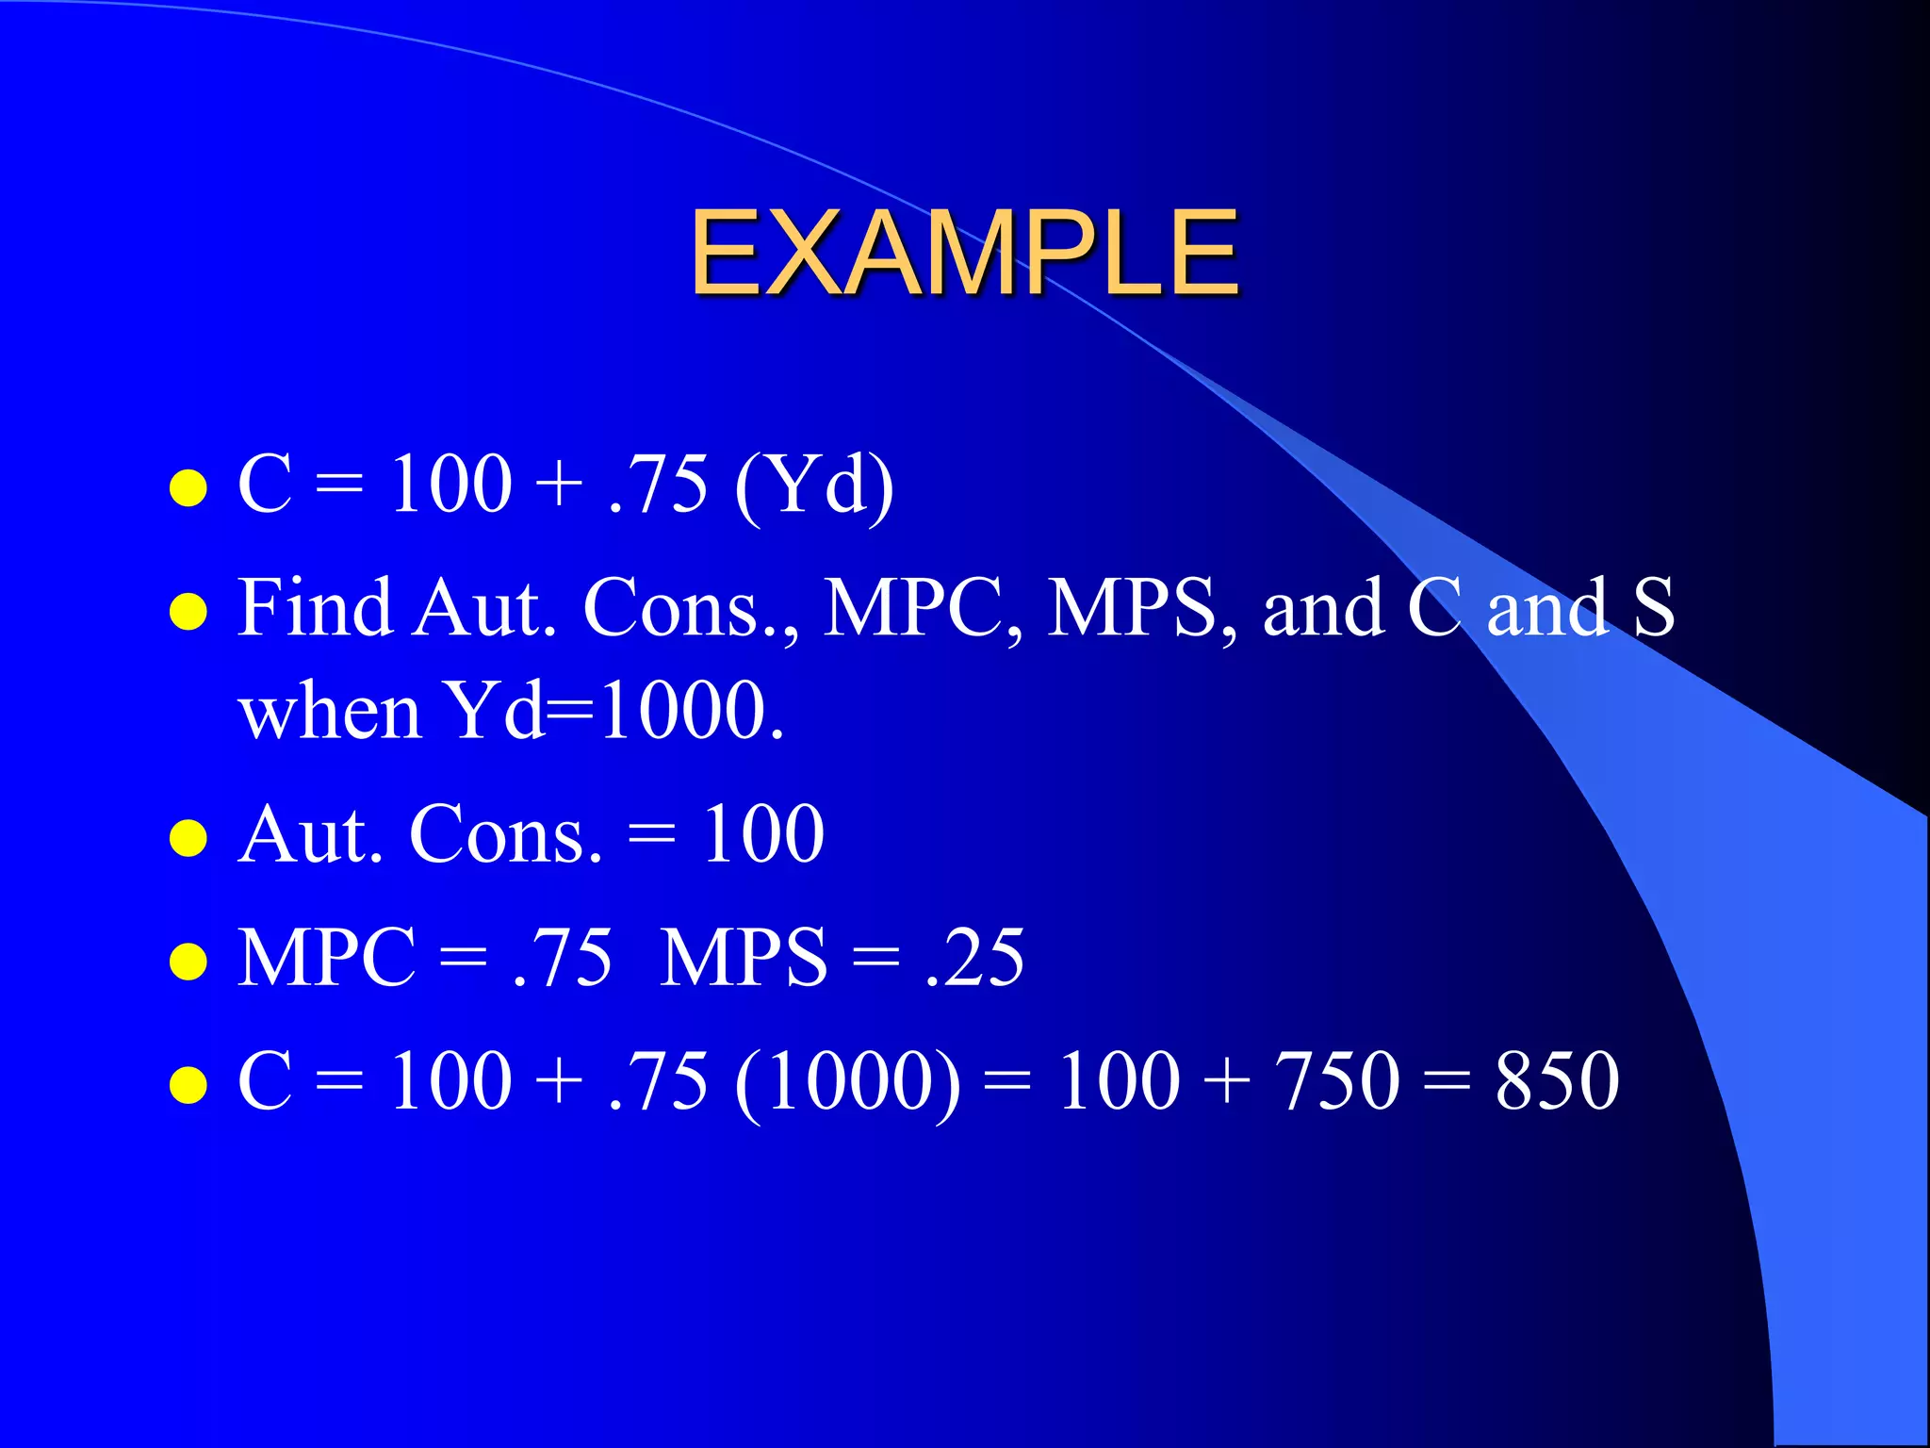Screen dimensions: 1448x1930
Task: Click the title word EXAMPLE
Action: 964,252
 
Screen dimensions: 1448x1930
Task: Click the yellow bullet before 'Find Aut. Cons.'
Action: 188,612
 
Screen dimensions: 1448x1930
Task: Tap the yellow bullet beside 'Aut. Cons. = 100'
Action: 188,838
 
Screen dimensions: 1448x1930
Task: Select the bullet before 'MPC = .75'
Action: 188,962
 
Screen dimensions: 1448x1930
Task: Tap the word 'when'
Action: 329,712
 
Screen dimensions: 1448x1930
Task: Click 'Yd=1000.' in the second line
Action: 613,712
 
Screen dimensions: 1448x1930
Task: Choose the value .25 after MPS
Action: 974,958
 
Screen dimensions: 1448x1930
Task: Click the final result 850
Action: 1557,1080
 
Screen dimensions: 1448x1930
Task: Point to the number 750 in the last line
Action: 1336,1080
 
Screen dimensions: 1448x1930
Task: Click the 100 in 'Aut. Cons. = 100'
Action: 763,834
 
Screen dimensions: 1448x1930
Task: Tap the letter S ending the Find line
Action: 1654,608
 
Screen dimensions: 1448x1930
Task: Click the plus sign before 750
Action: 1226,1082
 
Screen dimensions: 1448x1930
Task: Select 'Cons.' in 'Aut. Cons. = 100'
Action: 505,834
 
